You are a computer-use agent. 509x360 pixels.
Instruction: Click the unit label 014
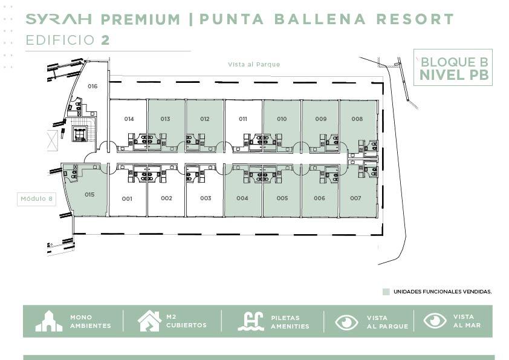pyautogui.click(x=129, y=119)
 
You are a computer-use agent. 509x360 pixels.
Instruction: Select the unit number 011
pyautogui.click(x=243, y=119)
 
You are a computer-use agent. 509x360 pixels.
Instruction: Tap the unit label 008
pyautogui.click(x=357, y=119)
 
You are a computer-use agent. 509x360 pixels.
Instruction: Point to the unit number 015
pyautogui.click(x=89, y=195)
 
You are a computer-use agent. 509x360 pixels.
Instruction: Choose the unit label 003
pyautogui.click(x=206, y=198)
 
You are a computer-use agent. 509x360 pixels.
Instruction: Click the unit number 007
pyautogui.click(x=355, y=198)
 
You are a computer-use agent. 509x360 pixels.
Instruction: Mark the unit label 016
pyautogui.click(x=92, y=86)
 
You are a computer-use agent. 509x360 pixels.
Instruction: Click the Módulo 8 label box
pyautogui.click(x=36, y=199)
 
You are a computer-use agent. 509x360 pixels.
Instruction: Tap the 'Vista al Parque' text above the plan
pyautogui.click(x=254, y=64)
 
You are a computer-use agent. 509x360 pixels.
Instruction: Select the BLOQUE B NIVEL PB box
pyautogui.click(x=453, y=67)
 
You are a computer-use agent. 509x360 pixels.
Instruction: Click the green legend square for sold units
pyautogui.click(x=386, y=292)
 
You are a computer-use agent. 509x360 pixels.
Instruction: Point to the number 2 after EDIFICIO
pyautogui.click(x=105, y=41)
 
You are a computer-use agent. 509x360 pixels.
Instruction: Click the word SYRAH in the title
pyautogui.click(x=59, y=19)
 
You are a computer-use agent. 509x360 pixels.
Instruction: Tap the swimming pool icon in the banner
pyautogui.click(x=251, y=321)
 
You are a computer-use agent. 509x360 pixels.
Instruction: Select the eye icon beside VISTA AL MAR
pyautogui.click(x=435, y=320)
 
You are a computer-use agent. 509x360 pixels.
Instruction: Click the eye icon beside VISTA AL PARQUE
pyautogui.click(x=346, y=322)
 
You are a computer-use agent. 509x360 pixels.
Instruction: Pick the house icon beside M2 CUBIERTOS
pyautogui.click(x=149, y=321)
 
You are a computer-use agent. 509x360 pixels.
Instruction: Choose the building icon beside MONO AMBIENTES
pyautogui.click(x=49, y=321)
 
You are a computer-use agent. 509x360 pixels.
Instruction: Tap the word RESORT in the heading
pyautogui.click(x=415, y=19)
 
